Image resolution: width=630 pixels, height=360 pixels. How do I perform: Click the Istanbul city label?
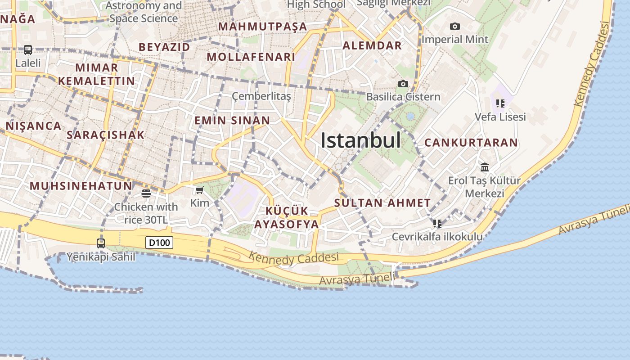pos(360,141)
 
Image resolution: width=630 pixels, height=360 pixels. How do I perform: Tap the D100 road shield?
pos(160,243)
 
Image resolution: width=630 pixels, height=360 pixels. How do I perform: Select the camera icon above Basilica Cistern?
pos(403,84)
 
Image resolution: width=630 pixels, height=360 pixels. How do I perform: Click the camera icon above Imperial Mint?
pos(455,27)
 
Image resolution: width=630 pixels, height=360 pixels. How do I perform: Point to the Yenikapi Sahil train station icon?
pos(101,243)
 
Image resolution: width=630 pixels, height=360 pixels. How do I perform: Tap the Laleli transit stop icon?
pos(28,50)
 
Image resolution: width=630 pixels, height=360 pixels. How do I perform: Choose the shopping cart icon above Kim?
pos(200,190)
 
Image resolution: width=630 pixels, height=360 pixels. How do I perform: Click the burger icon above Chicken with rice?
pos(146,193)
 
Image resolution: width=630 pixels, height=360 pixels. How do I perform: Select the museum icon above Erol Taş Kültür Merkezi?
pos(485,167)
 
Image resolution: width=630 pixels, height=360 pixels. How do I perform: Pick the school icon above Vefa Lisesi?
pos(500,103)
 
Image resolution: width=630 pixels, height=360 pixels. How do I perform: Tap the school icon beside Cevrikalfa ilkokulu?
pos(437,224)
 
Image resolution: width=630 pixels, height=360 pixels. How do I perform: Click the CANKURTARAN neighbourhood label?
pos(471,143)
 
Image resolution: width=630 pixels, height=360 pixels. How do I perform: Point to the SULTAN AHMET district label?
pos(382,203)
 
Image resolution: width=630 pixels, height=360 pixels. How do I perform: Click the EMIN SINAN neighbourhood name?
pos(232,121)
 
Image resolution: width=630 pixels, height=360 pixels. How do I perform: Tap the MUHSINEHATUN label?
pos(81,186)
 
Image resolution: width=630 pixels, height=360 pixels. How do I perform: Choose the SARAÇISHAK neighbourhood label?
pos(106,135)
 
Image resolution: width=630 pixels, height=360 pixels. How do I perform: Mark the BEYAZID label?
pos(164,47)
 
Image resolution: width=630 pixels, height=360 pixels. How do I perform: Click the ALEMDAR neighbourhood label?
pos(372,45)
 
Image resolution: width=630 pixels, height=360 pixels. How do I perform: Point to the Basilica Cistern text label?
pos(403,97)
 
